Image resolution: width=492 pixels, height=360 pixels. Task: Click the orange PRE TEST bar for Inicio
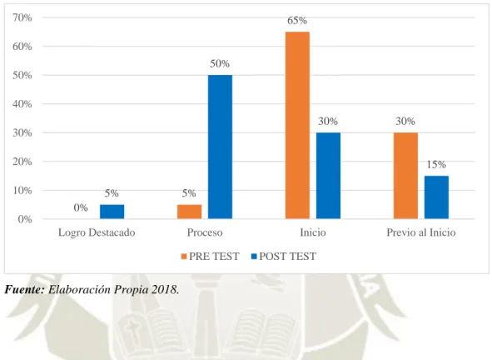click(x=297, y=125)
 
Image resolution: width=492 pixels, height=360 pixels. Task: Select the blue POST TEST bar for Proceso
click(x=220, y=147)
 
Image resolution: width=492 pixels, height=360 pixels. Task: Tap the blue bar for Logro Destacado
click(x=112, y=212)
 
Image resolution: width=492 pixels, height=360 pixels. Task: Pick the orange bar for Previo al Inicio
click(x=405, y=176)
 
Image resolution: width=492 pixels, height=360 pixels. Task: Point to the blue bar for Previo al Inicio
click(x=436, y=197)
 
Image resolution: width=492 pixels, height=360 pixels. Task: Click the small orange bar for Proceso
click(x=189, y=212)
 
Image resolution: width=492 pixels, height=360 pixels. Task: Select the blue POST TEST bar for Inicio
click(x=328, y=176)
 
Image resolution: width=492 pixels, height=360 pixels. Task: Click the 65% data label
click(x=297, y=21)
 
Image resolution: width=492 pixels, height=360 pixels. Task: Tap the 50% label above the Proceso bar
click(x=220, y=64)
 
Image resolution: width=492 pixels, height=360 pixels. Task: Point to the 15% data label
click(x=436, y=164)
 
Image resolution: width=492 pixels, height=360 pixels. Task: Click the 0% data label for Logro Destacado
click(x=81, y=207)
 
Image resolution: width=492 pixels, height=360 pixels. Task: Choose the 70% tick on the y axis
click(x=22, y=17)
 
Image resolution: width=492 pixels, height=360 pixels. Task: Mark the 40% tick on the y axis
click(x=22, y=104)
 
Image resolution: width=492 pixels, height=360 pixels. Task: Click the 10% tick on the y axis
click(x=22, y=190)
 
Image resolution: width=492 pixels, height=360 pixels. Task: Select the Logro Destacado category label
click(x=97, y=232)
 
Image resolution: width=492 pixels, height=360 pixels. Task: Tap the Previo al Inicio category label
click(x=421, y=232)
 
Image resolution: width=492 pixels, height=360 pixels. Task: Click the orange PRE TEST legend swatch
click(x=184, y=257)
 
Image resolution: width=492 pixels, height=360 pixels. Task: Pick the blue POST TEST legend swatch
click(x=254, y=257)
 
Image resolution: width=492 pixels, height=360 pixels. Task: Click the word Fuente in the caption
click(x=24, y=289)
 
